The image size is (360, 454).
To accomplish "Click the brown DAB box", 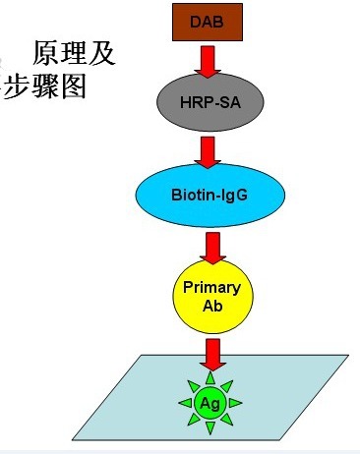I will pos(207,22).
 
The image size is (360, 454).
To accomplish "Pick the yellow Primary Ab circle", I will pos(207,295).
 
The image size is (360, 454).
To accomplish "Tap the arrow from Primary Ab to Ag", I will pos(208,351).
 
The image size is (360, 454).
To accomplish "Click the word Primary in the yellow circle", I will pos(207,287).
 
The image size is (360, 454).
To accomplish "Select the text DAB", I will pos(207,22).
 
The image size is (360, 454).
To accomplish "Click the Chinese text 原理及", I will pos(75,52).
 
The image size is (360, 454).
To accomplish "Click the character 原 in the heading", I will pos(46,52).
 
